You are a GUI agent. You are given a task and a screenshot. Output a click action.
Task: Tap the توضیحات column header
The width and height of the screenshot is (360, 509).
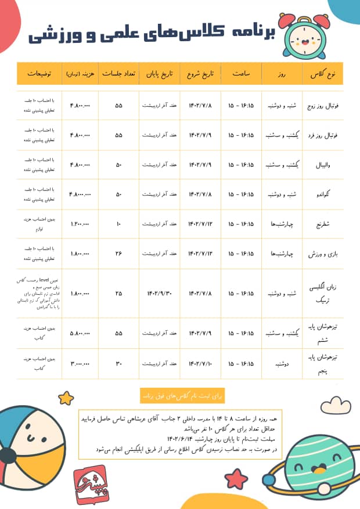[38, 75]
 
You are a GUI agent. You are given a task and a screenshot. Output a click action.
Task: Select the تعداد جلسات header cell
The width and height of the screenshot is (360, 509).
[119, 75]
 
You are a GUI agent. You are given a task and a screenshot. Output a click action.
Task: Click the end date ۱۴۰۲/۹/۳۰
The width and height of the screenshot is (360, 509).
[159, 293]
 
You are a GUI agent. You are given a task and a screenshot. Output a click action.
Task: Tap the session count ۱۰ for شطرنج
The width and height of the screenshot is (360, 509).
[119, 223]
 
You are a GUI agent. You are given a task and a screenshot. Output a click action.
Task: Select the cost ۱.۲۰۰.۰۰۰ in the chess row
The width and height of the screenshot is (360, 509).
[80, 223]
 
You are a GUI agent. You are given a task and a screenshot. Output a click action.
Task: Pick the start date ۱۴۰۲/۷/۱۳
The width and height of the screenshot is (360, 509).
[200, 253]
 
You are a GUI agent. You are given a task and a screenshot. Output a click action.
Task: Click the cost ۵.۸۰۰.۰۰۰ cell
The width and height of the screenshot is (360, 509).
[80, 334]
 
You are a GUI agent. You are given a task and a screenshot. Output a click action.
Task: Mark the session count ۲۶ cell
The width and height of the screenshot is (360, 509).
[119, 253]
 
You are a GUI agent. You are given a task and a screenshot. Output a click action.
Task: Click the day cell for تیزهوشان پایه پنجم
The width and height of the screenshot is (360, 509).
[282, 363]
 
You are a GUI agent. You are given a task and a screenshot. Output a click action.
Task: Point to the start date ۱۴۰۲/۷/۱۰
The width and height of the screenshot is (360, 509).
[200, 363]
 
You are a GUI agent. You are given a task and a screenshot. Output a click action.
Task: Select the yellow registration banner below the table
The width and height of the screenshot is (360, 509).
[179, 395]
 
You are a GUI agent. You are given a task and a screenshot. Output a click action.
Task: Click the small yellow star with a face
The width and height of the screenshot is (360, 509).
[66, 398]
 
